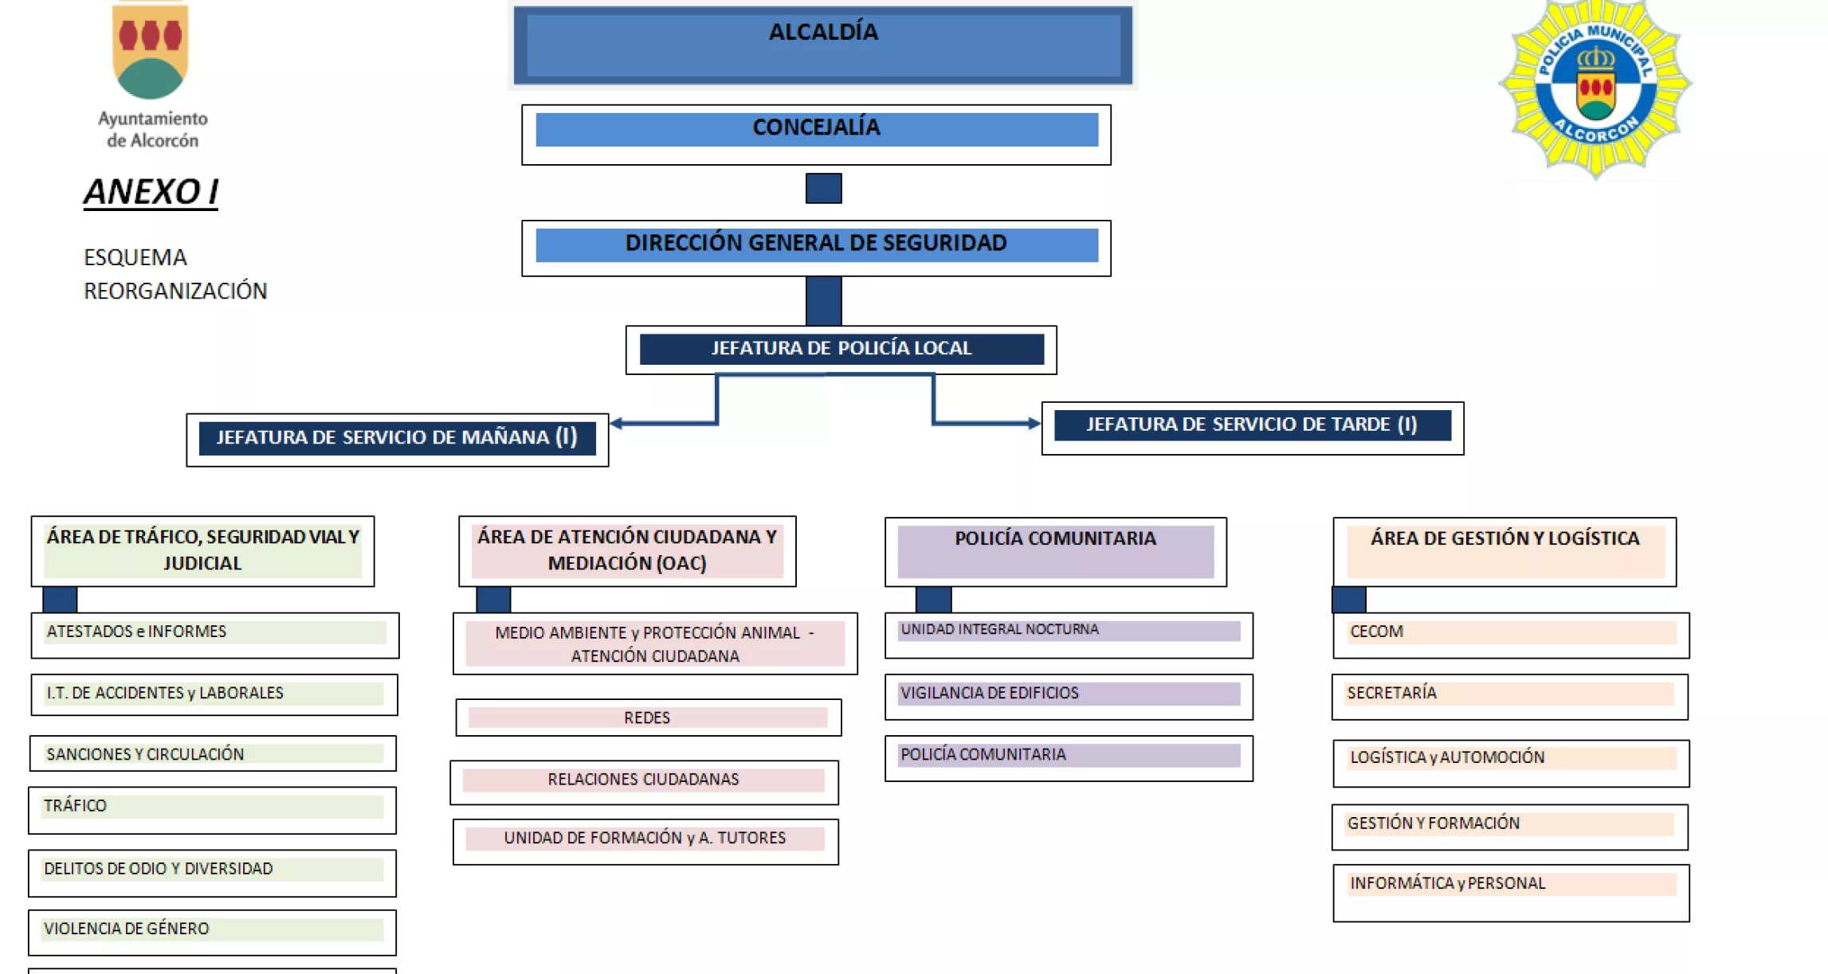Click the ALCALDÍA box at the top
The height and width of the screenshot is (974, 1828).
[822, 45]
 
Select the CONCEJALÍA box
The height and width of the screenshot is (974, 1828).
[816, 133]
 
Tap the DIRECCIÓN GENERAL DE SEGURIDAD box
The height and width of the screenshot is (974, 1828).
[816, 248]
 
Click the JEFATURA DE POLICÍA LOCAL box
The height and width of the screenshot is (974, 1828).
[841, 349]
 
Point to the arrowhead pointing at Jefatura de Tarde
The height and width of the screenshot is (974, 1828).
[1034, 423]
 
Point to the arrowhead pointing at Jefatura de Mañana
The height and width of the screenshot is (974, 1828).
[617, 423]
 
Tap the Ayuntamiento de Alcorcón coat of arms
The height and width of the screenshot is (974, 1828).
[151, 52]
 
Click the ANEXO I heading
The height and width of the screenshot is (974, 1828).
[151, 192]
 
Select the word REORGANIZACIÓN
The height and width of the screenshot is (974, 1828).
[175, 291]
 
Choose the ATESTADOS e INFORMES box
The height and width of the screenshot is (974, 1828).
[214, 634]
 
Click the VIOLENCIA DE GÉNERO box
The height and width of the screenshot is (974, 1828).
[212, 931]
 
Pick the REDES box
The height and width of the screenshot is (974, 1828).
[648, 718]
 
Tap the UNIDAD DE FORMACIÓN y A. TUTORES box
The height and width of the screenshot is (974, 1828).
[645, 840]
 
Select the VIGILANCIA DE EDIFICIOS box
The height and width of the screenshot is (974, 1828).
[1068, 695]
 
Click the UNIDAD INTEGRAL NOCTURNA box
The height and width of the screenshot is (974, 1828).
[1068, 634]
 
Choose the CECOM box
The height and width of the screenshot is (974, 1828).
[1510, 634]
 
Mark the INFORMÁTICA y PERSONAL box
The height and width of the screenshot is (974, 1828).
[1510, 890]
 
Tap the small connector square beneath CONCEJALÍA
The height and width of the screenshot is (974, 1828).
[823, 188]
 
